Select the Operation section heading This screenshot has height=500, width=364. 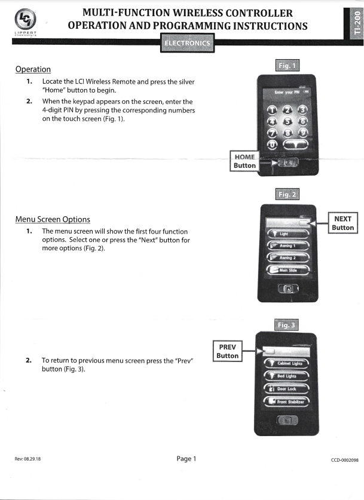[x=33, y=69]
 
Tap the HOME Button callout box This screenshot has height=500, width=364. [x=245, y=161]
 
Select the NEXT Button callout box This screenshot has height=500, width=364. [x=343, y=223]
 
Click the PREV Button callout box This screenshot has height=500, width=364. [x=227, y=351]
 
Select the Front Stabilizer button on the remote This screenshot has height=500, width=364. [x=287, y=402]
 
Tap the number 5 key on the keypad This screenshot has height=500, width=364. [x=287, y=121]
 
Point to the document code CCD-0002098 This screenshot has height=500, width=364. [x=343, y=459]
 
